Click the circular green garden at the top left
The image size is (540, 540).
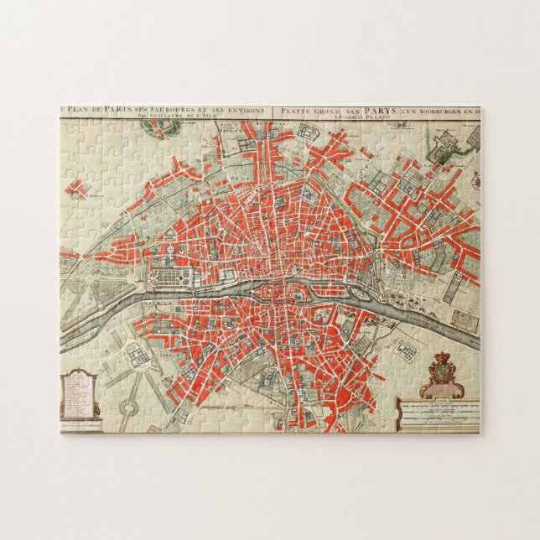click(153, 127)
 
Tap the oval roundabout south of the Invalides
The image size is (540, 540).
click(128, 407)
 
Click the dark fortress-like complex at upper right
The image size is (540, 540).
click(442, 149)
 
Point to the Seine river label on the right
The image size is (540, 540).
click(436, 319)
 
